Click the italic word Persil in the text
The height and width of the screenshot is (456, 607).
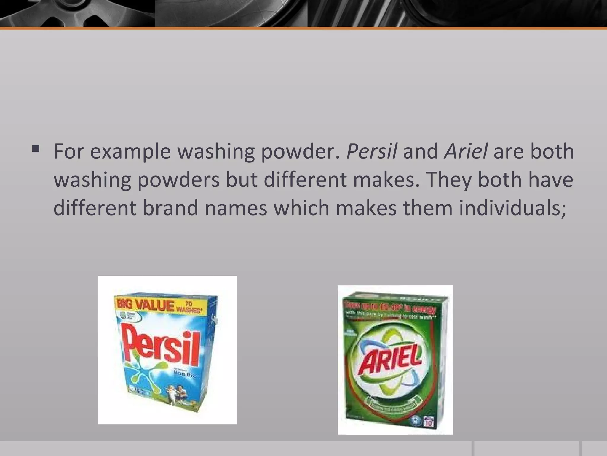[371, 151]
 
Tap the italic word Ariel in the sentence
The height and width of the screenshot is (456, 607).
[465, 151]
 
